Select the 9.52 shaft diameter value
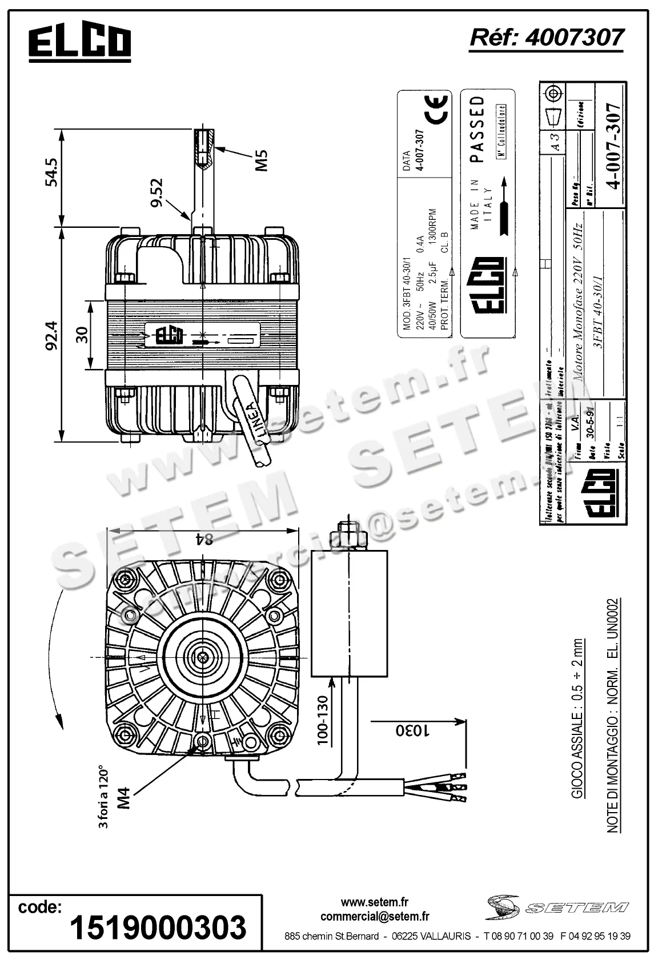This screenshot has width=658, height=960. point(157,193)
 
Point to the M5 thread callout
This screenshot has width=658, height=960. point(260,160)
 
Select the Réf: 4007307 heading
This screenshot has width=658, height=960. point(546,38)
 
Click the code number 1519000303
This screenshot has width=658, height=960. point(158,927)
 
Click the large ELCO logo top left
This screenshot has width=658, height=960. point(80,44)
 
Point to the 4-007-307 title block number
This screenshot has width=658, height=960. point(613,146)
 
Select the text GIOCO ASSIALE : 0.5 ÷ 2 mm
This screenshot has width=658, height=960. point(578,720)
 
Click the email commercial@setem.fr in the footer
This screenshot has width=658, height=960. point(375,917)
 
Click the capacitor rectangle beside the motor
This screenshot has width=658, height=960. point(350,613)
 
